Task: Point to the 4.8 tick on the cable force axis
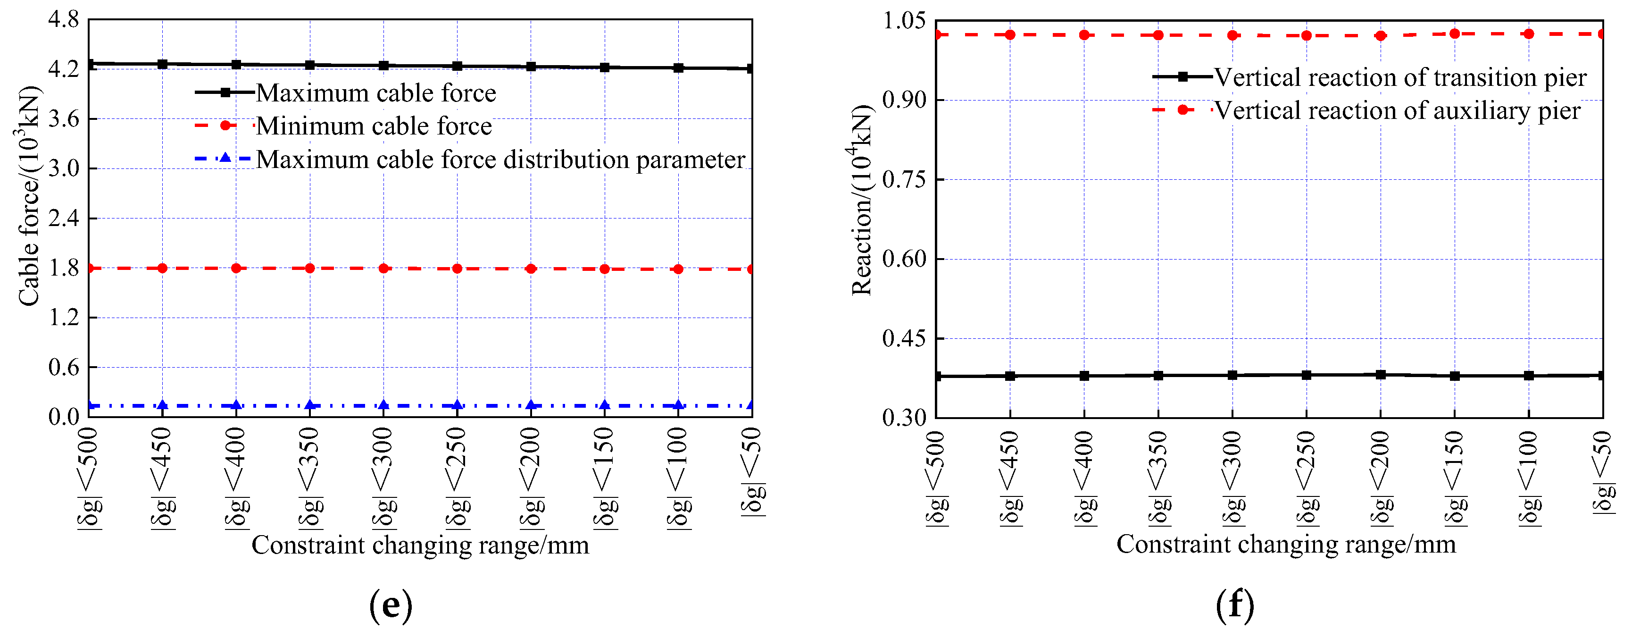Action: (x=63, y=20)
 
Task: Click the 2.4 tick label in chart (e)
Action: (x=63, y=218)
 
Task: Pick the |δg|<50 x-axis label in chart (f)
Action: (x=1603, y=472)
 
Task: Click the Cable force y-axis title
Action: (x=28, y=196)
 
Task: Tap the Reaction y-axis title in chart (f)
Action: (x=862, y=200)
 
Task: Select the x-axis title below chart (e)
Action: (x=420, y=546)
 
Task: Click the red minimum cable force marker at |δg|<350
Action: (x=310, y=269)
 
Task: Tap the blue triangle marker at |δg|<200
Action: (x=531, y=405)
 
